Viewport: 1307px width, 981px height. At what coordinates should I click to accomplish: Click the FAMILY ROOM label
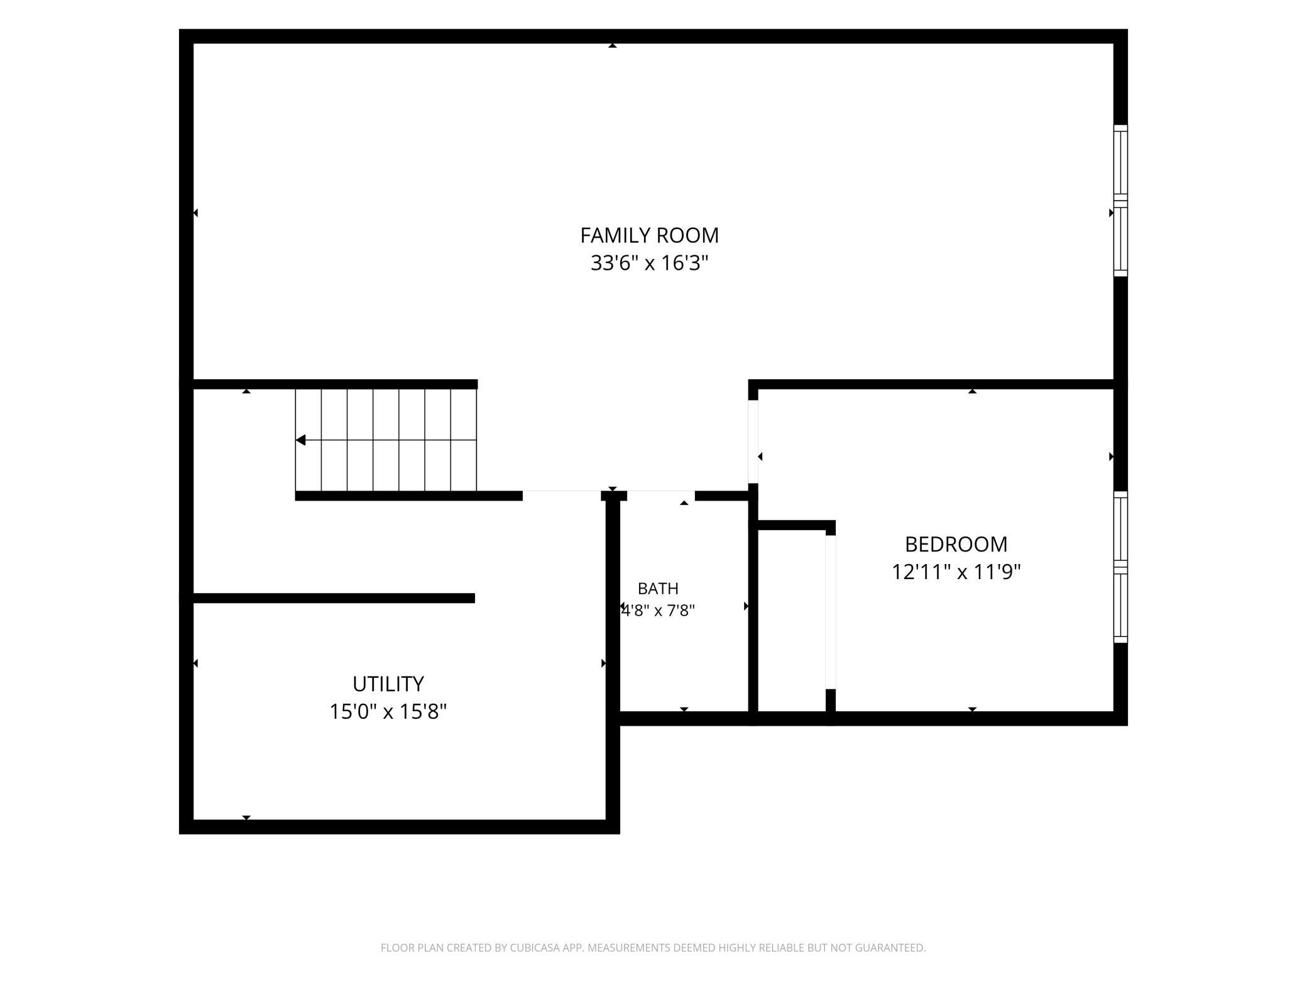tap(649, 235)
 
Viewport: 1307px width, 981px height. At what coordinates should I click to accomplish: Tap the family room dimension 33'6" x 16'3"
tap(649, 263)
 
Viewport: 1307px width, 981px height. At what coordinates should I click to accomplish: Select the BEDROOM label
tap(956, 544)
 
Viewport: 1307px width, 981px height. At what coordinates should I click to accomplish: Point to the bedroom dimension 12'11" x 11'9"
tap(956, 572)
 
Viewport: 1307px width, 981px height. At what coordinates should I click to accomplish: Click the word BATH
tap(658, 589)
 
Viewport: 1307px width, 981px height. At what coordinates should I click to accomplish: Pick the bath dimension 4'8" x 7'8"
tap(658, 611)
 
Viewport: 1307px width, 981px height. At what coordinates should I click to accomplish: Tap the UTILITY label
tap(388, 684)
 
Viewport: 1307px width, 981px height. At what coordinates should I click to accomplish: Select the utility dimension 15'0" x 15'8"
tap(388, 711)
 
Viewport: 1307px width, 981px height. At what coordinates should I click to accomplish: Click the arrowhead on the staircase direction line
tap(300, 440)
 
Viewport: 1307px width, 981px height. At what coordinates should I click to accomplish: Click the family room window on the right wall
tap(1120, 201)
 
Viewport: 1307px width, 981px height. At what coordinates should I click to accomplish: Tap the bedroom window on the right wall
tap(1120, 567)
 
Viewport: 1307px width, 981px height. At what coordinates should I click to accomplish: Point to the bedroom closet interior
tap(792, 621)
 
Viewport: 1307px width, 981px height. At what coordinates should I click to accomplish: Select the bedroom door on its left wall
tap(753, 441)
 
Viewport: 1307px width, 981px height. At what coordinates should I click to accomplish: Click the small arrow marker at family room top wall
tap(612, 45)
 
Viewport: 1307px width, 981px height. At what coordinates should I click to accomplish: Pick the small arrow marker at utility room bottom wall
tap(246, 817)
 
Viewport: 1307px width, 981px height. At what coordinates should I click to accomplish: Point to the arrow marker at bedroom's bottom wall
tap(972, 709)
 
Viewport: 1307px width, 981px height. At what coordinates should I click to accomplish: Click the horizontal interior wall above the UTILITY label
tap(333, 598)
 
